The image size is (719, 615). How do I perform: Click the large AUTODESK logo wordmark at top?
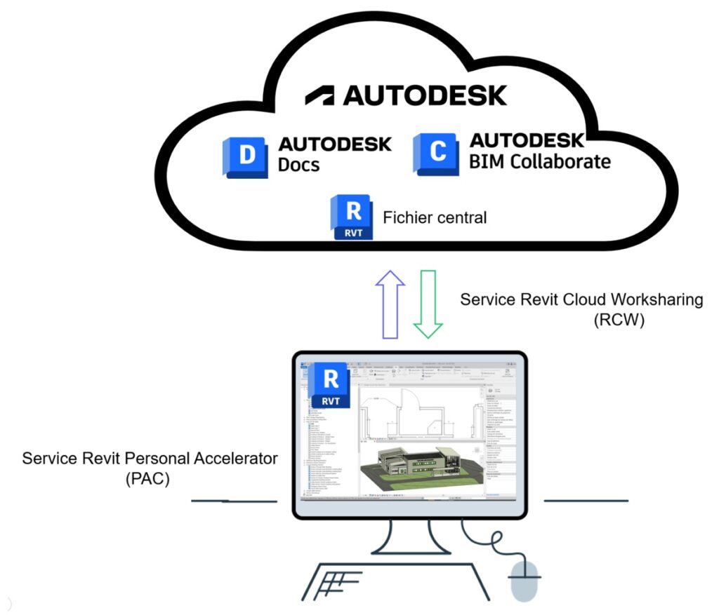coord(406,95)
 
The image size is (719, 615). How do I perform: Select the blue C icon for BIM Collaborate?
coord(436,154)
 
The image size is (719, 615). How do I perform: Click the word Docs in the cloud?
coord(299,165)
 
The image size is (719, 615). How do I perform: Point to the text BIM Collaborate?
coord(539,162)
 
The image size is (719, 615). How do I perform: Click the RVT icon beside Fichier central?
coord(355,217)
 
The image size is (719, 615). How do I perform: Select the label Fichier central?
coord(435,217)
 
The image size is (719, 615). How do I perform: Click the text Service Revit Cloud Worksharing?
coord(581,300)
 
